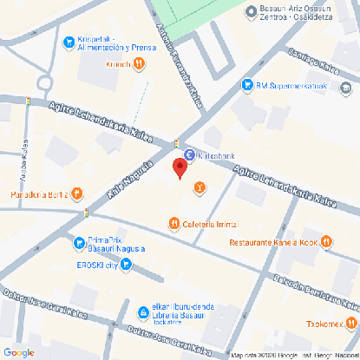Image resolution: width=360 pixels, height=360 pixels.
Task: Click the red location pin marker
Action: coord(180,167)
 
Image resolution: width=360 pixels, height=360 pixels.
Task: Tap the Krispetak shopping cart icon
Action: coord(69,41)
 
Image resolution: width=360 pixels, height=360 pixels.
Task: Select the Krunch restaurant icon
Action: coord(138,63)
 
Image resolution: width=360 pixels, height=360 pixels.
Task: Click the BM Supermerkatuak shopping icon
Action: coord(246,86)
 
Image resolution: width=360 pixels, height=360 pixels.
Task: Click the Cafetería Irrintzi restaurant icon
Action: coord(174,223)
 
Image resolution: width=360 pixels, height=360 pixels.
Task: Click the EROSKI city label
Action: coord(96,265)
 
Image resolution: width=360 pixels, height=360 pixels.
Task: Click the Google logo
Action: coord(18,352)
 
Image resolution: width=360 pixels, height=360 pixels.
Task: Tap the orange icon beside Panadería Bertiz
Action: coord(77,193)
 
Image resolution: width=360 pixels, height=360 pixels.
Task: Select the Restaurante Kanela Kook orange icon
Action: coord(327,241)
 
